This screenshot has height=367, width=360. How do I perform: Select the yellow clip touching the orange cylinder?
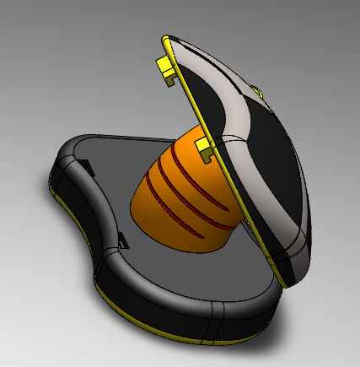(205, 149)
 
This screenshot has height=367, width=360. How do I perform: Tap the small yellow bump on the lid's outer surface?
(256, 89)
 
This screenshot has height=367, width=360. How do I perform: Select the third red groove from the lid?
(192, 203)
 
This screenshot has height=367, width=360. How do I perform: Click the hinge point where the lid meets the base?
(282, 283)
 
